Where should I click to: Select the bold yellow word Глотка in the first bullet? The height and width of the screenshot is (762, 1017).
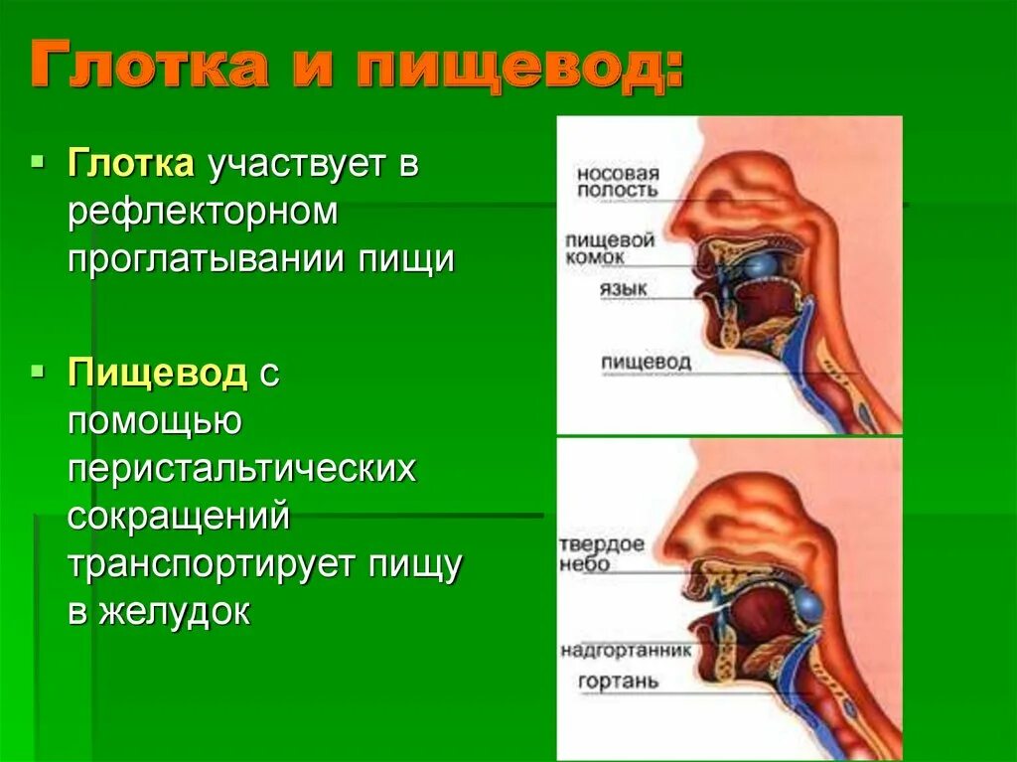tap(131, 164)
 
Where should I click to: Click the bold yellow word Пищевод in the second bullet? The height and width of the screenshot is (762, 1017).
tap(157, 375)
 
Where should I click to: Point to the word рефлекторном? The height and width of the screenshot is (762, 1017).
tap(205, 212)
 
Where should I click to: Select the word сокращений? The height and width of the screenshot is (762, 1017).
tap(179, 517)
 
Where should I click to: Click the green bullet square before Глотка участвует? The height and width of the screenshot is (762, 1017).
tap(39, 160)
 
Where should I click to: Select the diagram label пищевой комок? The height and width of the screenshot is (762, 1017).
tap(610, 247)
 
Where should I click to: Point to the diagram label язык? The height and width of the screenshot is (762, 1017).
tap(623, 290)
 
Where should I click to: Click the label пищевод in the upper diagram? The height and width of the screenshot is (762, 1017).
tap(646, 362)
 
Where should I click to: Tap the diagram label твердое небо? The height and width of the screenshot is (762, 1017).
tap(602, 554)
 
